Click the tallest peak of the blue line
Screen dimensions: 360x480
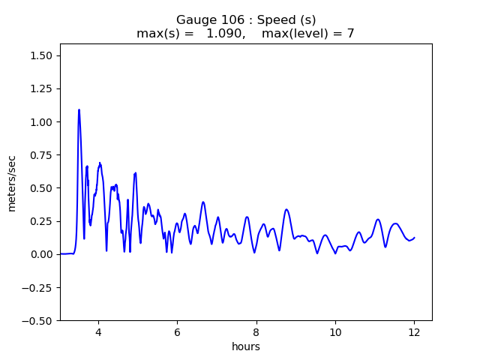coord(79,109)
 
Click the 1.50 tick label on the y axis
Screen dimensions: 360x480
coord(42,56)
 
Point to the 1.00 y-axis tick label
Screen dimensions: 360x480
coord(42,122)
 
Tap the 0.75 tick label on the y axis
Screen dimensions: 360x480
coord(42,155)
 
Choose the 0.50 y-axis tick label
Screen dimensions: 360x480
coord(42,188)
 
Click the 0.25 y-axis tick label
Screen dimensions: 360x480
coord(42,221)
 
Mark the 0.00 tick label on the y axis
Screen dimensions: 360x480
coord(42,254)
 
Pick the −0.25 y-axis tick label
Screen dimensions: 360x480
coord(39,287)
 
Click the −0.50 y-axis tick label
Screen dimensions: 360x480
coord(39,320)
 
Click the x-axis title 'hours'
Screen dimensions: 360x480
coord(246,347)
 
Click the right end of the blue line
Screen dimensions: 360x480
coord(414,238)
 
